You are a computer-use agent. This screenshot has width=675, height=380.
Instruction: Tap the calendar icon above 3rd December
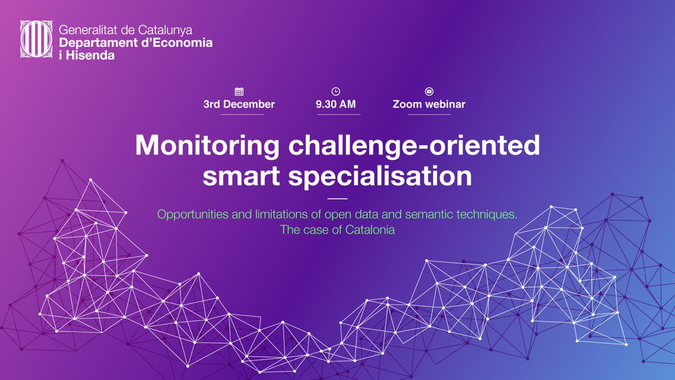[239, 91]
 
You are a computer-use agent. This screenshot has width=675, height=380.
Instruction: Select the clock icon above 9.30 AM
[336, 91]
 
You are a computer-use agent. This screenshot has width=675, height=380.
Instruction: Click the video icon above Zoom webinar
[429, 91]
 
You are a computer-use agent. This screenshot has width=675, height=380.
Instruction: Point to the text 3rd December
[239, 105]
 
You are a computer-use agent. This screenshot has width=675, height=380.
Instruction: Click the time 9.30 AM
[336, 105]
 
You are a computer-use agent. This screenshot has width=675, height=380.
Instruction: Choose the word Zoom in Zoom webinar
[406, 105]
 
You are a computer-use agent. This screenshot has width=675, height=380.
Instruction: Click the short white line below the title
[337, 199]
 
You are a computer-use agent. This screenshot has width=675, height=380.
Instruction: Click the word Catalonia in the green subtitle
[370, 230]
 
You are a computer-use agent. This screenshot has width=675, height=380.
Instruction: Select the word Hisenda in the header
[92, 55]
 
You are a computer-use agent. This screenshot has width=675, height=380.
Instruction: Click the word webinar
[446, 105]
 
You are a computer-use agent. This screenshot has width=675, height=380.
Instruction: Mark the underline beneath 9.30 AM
[338, 114]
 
